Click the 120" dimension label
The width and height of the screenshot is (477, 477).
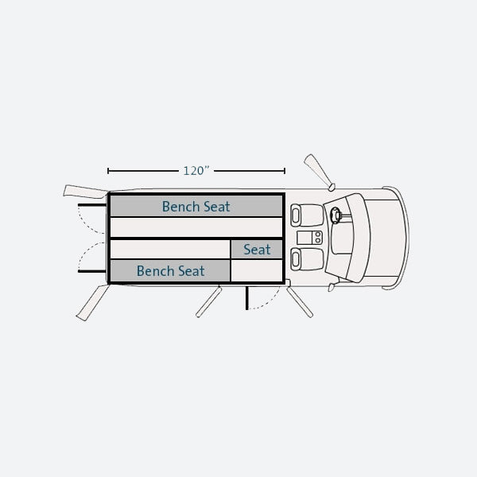[196, 171]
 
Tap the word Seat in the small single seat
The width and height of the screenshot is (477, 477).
[257, 250]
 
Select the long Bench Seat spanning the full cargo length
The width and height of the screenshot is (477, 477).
[196, 206]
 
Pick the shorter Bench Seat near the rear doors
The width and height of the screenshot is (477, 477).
[170, 270]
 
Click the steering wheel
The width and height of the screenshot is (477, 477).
[335, 215]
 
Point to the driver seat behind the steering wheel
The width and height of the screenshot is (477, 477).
[307, 215]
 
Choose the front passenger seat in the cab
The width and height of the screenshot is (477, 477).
[307, 259]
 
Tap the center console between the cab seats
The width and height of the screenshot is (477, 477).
[309, 237]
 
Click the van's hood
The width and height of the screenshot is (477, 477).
[386, 238]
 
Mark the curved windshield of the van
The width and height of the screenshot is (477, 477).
[359, 238]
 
